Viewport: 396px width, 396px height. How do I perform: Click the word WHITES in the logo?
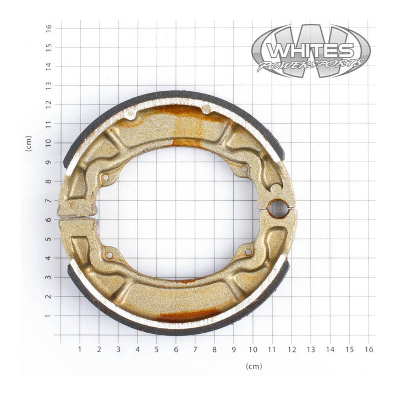pos(311,51)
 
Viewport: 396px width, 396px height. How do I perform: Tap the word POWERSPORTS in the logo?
pos(311,65)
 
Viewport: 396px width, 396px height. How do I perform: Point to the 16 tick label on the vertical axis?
pos(49,27)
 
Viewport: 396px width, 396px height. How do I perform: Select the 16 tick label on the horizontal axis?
pos(369,349)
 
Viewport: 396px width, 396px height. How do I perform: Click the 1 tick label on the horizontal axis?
pos(80,349)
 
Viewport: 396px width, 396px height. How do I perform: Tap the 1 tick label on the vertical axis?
pos(49,316)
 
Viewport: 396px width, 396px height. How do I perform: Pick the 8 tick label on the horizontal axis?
pos(215,349)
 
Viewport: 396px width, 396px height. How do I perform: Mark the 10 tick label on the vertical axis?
pos(49,142)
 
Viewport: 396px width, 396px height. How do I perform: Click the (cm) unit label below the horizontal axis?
pos(254,366)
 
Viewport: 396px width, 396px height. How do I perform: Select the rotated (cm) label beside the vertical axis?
pos(29,144)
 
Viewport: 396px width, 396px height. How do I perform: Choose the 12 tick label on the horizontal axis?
pos(291,349)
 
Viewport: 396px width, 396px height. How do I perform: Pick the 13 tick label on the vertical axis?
pos(49,85)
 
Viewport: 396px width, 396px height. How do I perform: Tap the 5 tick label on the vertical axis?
pos(49,239)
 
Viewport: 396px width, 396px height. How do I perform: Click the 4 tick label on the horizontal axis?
pos(137,349)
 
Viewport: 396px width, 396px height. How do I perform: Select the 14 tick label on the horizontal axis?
pos(330,349)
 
